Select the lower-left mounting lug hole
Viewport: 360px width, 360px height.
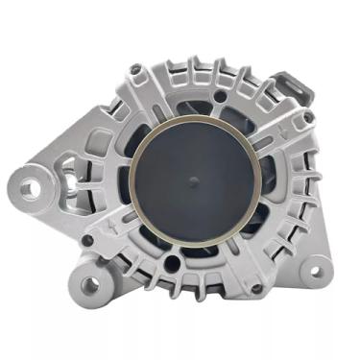(91, 284)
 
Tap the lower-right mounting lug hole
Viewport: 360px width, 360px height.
(312, 272)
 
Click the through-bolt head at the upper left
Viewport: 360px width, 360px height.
(135, 70)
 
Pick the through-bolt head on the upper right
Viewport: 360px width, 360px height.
(307, 117)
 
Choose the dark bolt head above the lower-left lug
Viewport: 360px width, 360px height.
(87, 240)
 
